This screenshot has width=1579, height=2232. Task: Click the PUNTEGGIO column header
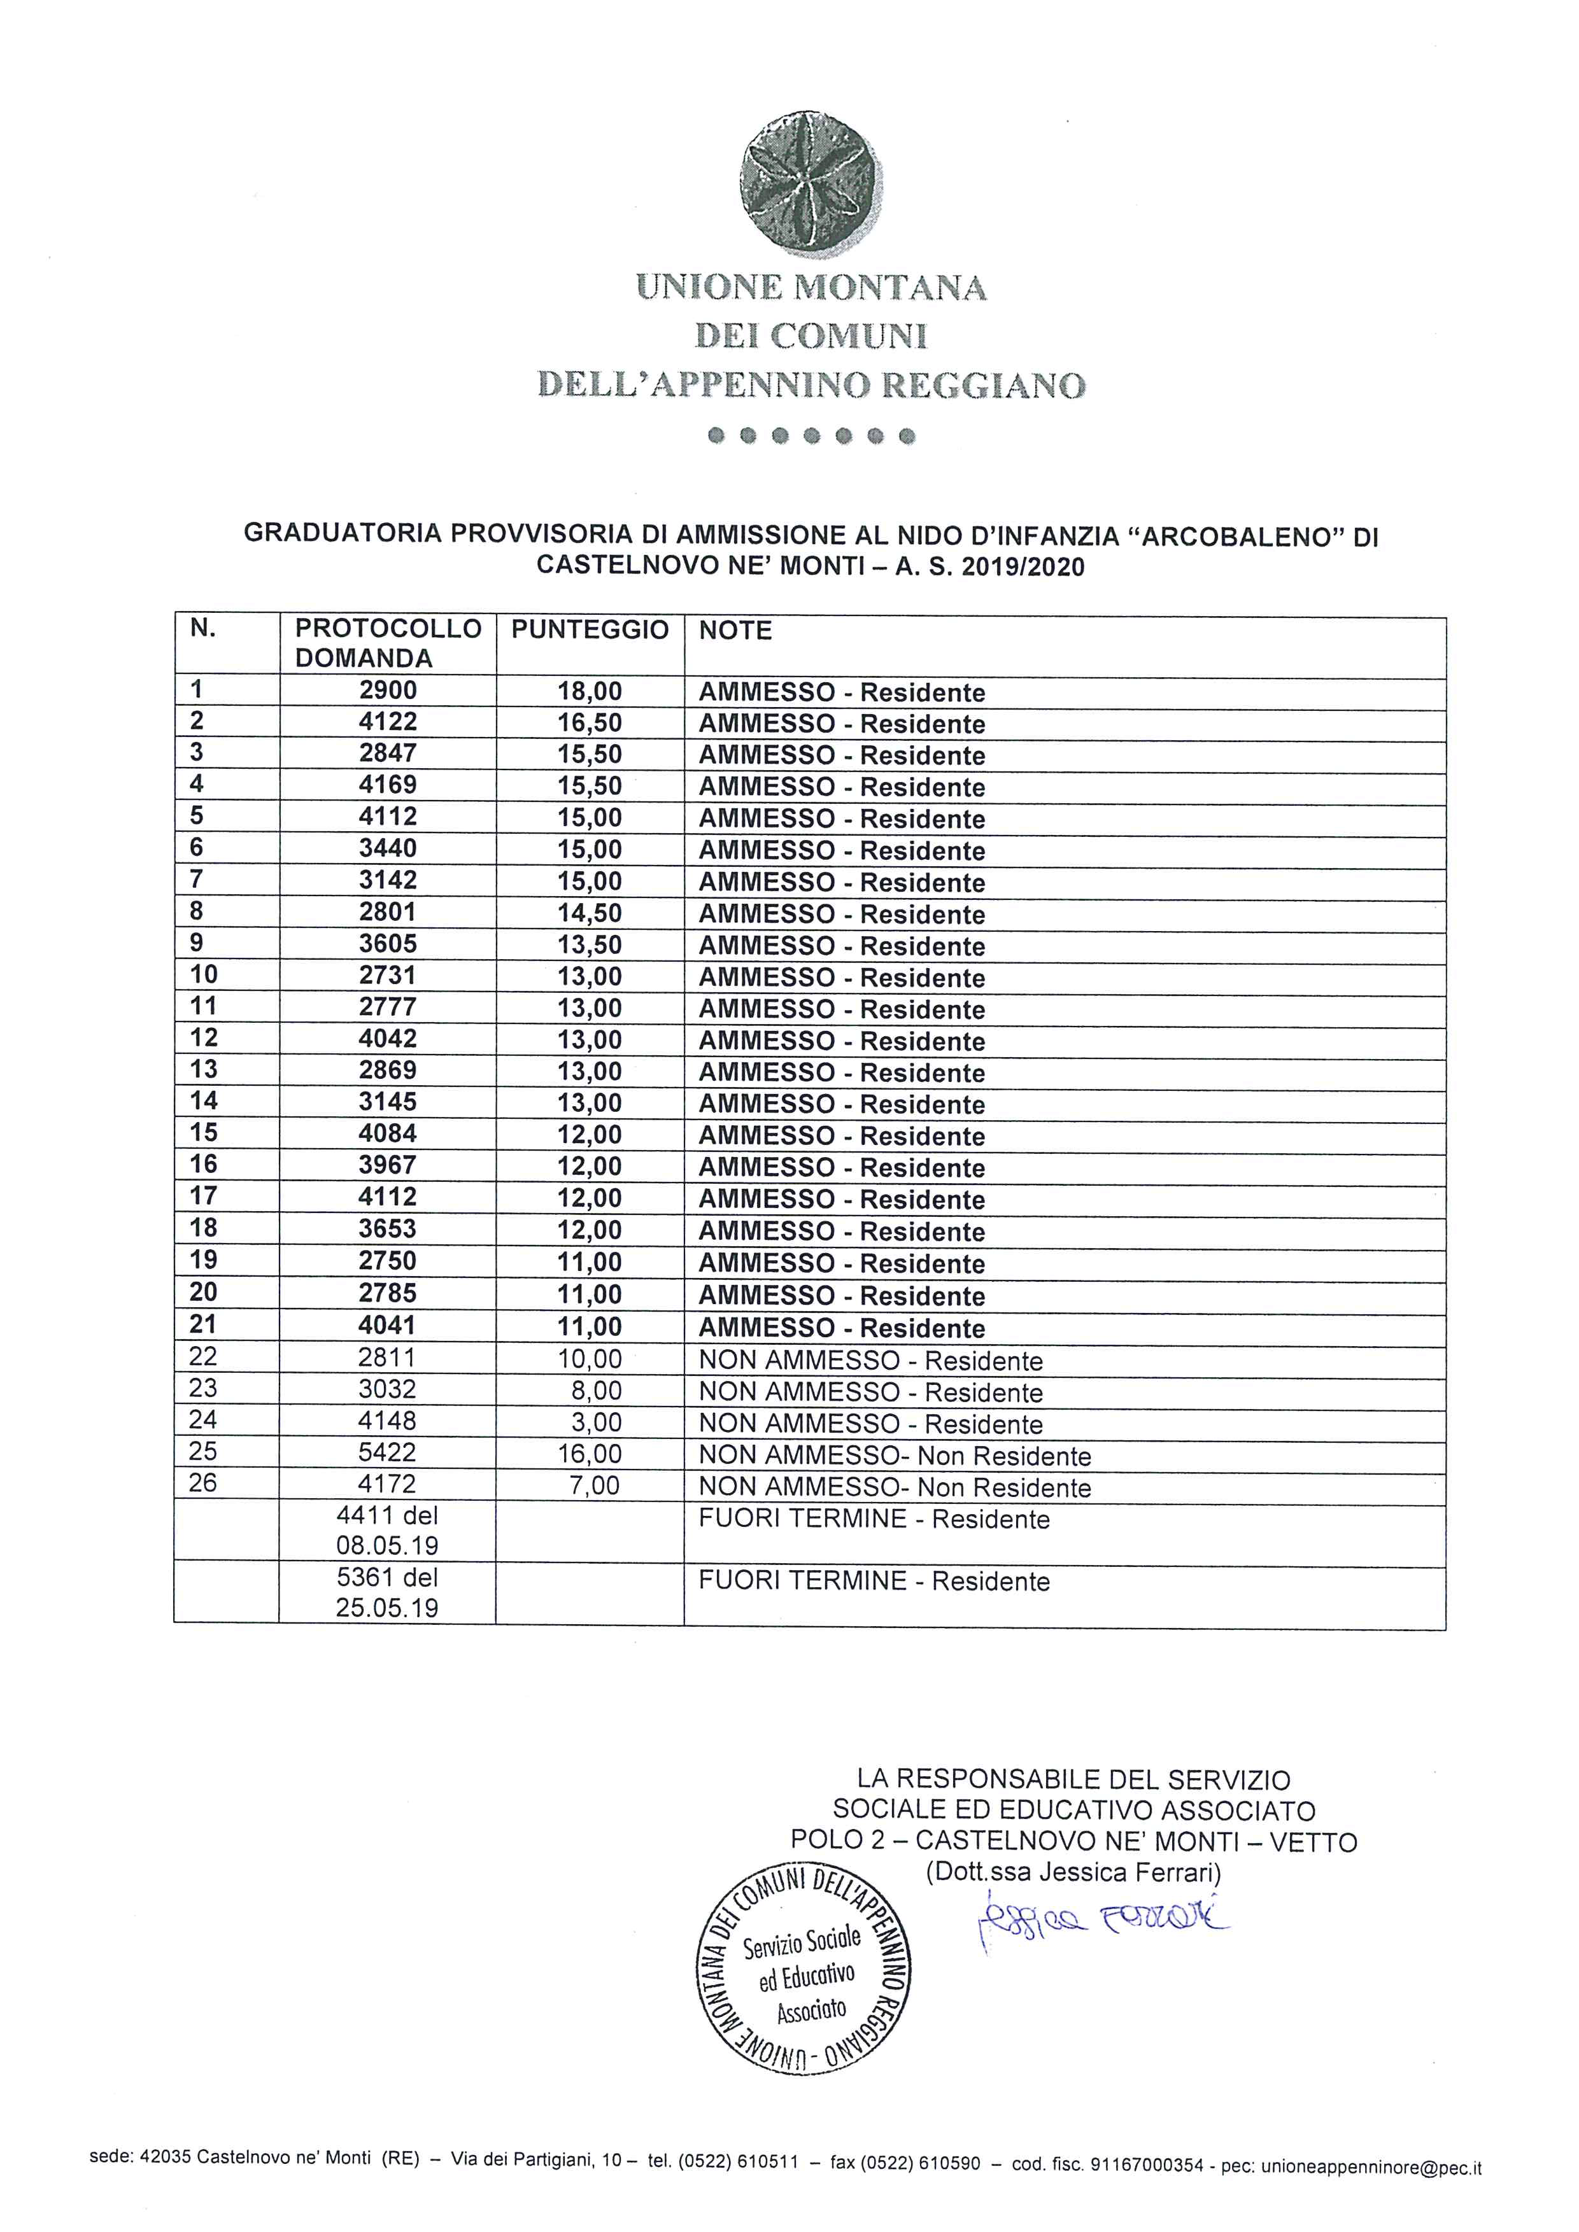pyautogui.click(x=590, y=630)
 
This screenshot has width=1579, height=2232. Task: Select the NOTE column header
pyautogui.click(x=735, y=631)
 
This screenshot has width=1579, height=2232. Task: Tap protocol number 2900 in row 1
pyautogui.click(x=387, y=690)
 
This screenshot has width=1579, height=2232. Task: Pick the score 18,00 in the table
pyautogui.click(x=589, y=691)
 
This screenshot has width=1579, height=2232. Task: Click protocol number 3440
pyautogui.click(x=387, y=848)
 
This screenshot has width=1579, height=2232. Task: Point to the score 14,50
pyautogui.click(x=589, y=913)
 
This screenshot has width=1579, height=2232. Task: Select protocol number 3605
pyautogui.click(x=387, y=944)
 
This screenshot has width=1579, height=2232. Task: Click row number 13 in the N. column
pyautogui.click(x=204, y=1069)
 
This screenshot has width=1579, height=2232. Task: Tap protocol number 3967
pyautogui.click(x=387, y=1165)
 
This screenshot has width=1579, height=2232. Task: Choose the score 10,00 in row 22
pyautogui.click(x=589, y=1358)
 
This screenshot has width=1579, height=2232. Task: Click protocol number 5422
pyautogui.click(x=387, y=1452)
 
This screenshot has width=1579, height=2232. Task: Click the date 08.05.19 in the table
pyautogui.click(x=387, y=1546)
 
